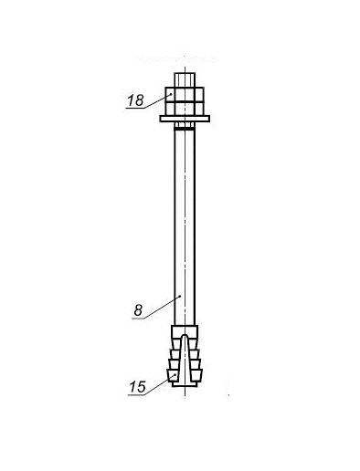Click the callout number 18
tap(135, 100)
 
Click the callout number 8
tap(138, 310)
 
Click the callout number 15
tap(137, 387)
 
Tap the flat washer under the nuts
tap(185, 119)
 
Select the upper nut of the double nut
tap(185, 94)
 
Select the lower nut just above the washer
tap(185, 109)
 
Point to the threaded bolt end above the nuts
tap(185, 79)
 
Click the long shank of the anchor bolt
tap(185, 227)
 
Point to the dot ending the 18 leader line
tap(171, 94)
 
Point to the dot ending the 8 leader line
tap(180, 296)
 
